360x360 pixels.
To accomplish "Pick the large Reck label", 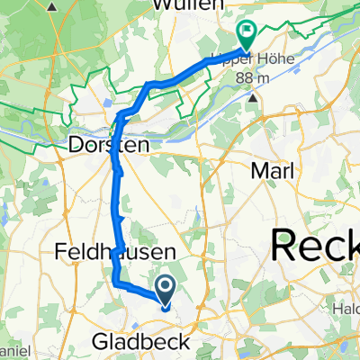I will coord(315,246).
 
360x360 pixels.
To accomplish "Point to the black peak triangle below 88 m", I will coord(255,94).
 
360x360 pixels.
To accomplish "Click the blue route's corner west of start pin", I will coord(116,283).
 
